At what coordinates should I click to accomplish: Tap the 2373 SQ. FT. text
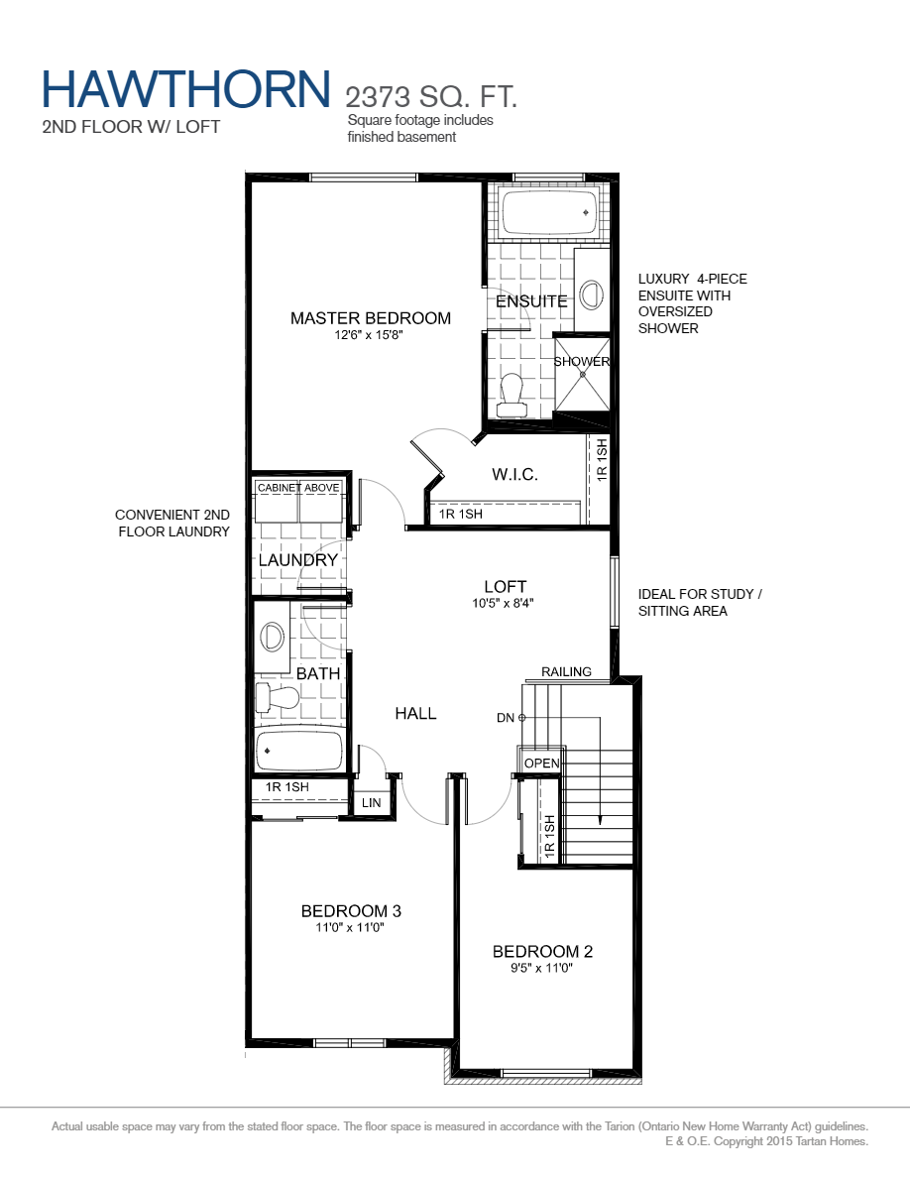coord(431,97)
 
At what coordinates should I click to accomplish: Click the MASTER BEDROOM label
coord(370,318)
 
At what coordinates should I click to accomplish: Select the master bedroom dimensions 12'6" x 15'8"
coord(370,335)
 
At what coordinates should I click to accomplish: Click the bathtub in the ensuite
coord(548,211)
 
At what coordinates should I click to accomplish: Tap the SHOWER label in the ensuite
coord(581,362)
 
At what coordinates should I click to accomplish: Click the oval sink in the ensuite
coord(592,295)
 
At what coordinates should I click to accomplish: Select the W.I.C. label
coord(514,475)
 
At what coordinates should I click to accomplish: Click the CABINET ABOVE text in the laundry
coord(298,488)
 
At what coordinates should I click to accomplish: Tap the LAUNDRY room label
coord(298,560)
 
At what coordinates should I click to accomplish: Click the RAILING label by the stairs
coord(566,672)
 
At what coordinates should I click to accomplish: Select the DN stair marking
coord(506,717)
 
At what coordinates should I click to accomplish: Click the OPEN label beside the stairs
coord(541,764)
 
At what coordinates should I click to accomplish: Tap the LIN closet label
coord(372,803)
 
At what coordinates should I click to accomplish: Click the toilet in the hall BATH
coord(277,698)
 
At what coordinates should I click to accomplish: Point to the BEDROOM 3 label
coord(351,911)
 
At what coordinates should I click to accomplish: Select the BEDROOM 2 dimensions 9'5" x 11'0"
coord(542,969)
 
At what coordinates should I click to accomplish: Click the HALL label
coord(415,714)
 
